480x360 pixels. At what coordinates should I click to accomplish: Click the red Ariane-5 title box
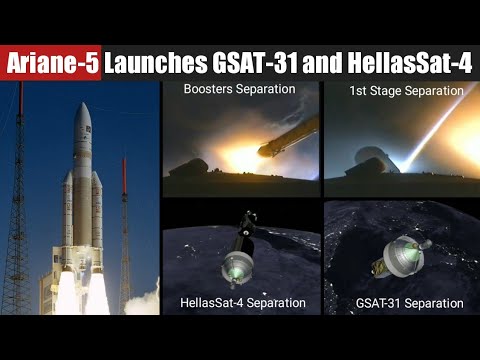[x=52, y=63]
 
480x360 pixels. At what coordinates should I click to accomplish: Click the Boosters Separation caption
[x=239, y=90]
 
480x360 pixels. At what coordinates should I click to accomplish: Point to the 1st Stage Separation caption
[x=406, y=91]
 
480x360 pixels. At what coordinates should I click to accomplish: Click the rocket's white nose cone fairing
[x=82, y=130]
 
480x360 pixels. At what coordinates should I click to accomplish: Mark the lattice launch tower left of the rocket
[x=18, y=220]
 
